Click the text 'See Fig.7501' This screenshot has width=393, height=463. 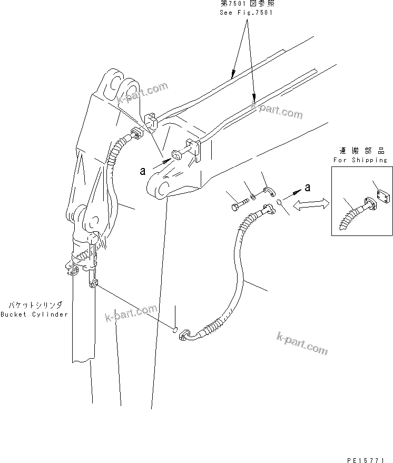246,13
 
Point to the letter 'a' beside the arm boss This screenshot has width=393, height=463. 142,170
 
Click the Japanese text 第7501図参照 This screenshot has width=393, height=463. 246,4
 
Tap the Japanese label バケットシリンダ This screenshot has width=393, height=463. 35,305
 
